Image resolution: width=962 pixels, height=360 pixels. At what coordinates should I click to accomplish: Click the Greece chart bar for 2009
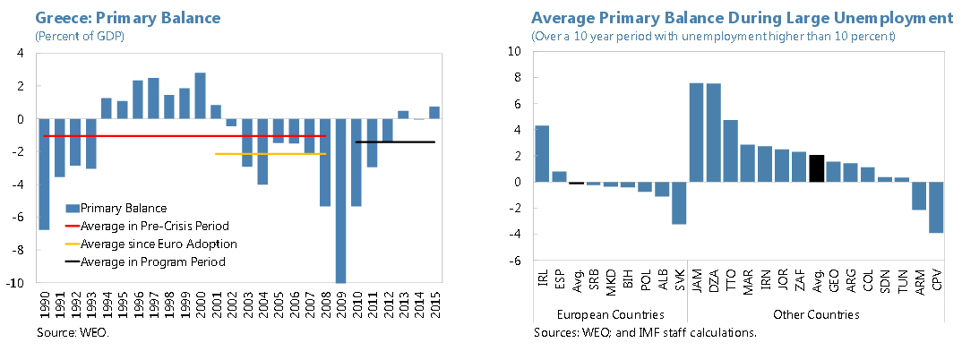coord(340,201)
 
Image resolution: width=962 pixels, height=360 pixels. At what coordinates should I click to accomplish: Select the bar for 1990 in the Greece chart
coord(44,174)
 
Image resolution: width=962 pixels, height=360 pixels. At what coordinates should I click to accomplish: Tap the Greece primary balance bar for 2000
coord(200,96)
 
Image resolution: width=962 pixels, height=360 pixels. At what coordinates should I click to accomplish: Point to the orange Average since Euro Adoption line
coord(270,154)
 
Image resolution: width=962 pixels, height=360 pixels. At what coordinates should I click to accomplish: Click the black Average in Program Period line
coord(395,141)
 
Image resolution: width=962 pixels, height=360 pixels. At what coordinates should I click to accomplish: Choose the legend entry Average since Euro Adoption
coord(150,244)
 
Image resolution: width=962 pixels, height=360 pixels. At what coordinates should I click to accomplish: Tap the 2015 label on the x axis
coord(434,304)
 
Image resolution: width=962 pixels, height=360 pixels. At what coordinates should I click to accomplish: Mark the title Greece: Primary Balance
coord(128,19)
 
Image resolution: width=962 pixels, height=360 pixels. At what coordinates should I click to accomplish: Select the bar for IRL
coord(542,153)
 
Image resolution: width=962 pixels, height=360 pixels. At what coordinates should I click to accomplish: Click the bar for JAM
coord(696,133)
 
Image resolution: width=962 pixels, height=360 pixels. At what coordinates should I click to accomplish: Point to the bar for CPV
coord(936,207)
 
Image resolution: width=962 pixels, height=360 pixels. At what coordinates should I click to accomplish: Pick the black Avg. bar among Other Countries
coord(816,168)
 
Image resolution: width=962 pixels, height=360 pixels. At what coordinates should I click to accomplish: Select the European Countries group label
coord(611,314)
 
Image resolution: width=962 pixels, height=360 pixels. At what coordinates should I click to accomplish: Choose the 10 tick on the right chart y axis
coord(515,52)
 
